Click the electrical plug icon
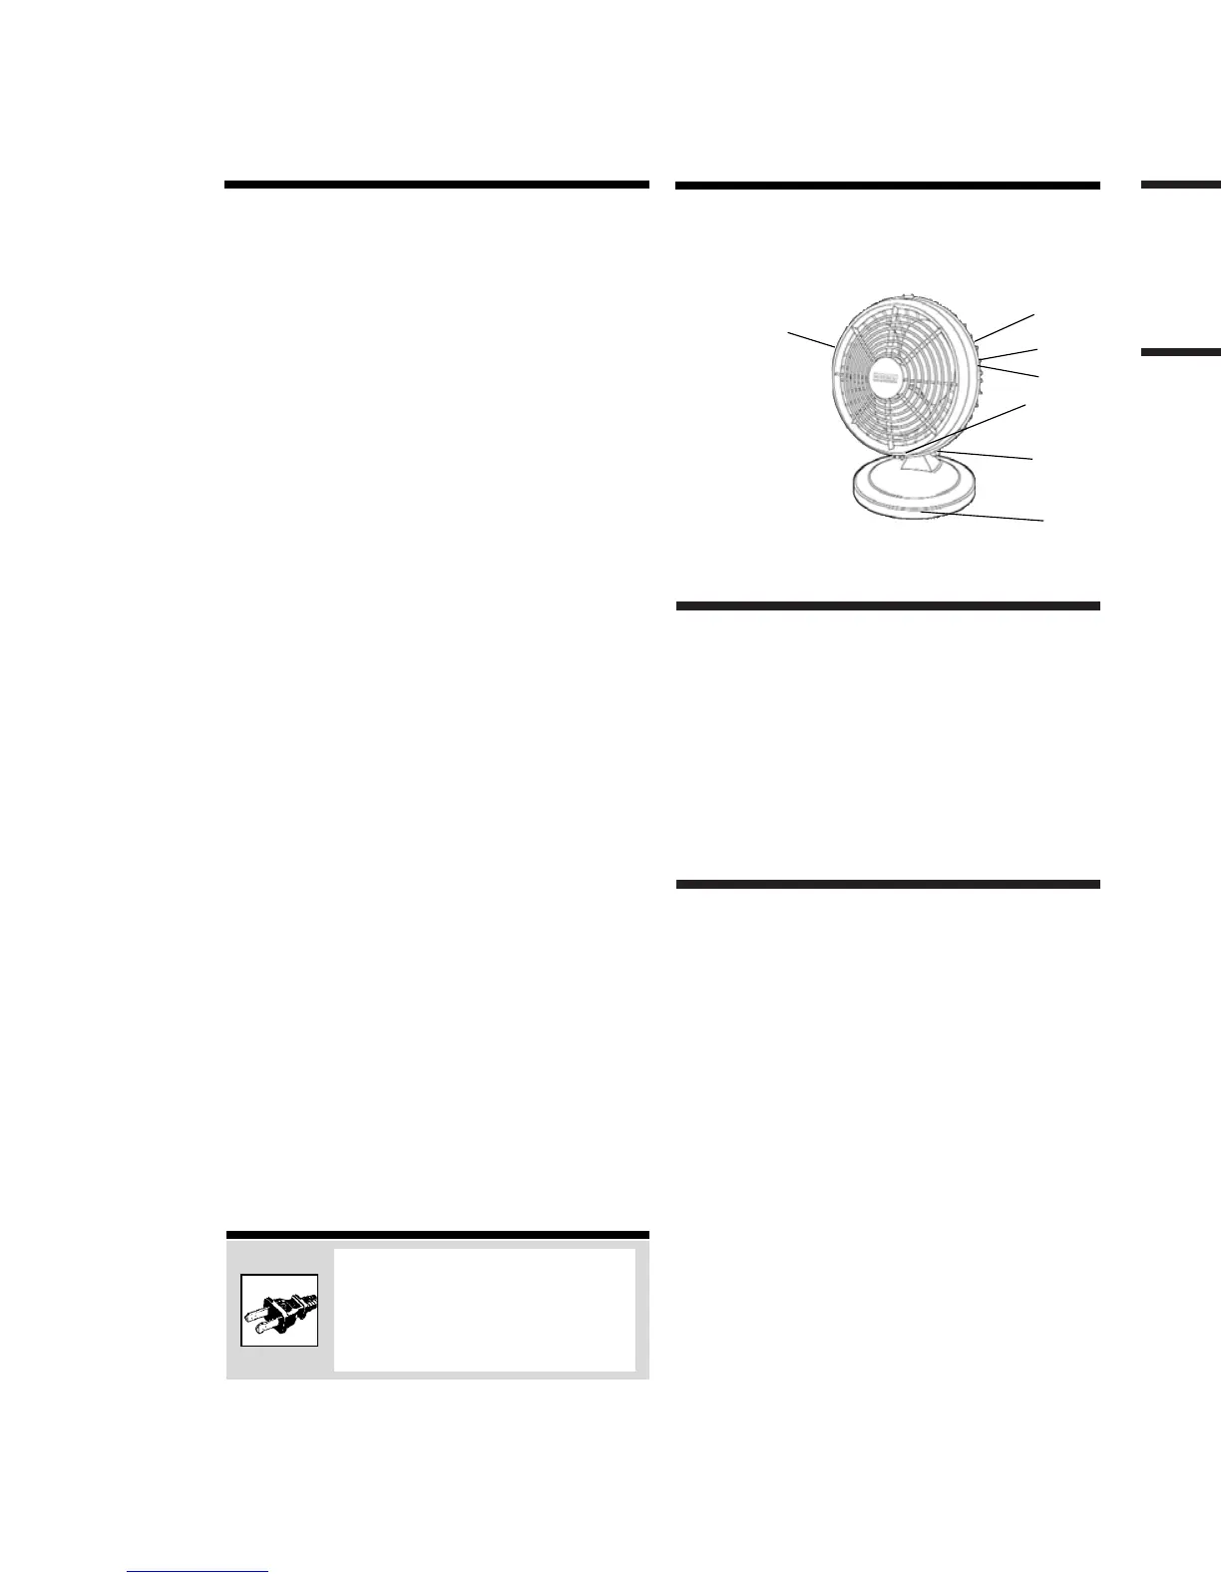[279, 1310]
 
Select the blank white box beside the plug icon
[484, 1310]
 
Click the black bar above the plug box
[437, 1235]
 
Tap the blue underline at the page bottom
[198, 1572]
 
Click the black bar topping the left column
[437, 185]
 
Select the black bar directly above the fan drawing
[888, 185]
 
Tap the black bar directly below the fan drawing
[888, 605]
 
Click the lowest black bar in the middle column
[888, 884]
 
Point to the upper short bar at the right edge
[1181, 185]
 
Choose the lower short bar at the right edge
[1181, 352]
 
